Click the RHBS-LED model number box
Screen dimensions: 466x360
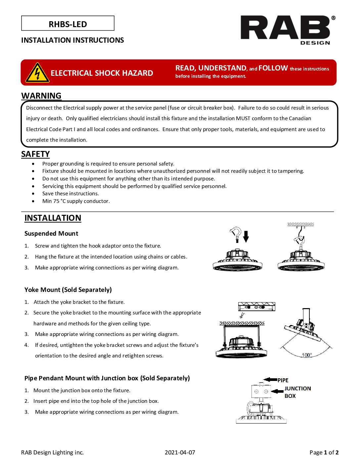tap(68, 23)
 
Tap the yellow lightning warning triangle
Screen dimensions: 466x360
tap(37, 72)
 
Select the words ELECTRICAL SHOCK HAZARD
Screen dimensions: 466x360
tap(102, 73)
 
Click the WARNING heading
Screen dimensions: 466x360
tap(41, 96)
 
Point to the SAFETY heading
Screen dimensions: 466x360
tap(35, 154)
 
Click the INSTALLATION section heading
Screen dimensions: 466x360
tap(53, 218)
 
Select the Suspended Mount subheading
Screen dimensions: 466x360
tap(51, 233)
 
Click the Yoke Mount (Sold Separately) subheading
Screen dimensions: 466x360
tap(68, 290)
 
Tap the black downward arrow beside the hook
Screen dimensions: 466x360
tap(246, 236)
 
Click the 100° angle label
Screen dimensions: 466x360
tap(307, 355)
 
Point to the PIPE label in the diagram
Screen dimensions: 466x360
tap(283, 380)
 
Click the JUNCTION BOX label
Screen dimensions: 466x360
tap(297, 392)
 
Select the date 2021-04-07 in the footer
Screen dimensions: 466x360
tap(180, 452)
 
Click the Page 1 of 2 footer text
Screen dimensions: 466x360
tap(324, 452)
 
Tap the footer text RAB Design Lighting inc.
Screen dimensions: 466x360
tap(52, 452)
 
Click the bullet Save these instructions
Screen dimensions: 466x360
tap(70, 194)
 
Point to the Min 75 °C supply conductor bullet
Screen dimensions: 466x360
tap(76, 201)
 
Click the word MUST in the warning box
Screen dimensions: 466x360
tap(243, 118)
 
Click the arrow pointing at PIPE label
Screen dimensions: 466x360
tap(270, 380)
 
